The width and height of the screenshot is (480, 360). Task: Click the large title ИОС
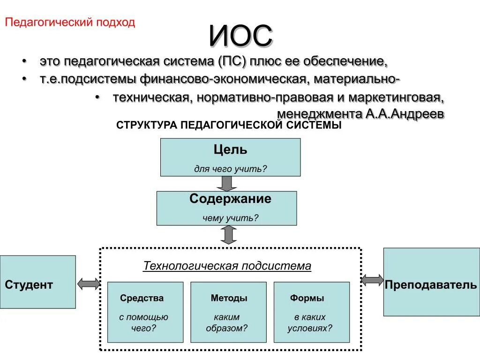coord(240,36)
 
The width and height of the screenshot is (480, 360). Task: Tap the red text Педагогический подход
coord(70,22)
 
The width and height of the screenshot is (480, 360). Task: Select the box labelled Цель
coord(230,157)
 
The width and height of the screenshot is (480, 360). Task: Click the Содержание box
coord(226,208)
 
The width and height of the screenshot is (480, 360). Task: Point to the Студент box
coord(37,282)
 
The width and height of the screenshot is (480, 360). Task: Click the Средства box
coord(145,312)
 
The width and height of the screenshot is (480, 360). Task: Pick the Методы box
coord(228,312)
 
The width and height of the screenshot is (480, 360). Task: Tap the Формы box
coord(311,312)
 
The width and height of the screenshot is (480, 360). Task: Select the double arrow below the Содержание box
coord(228,234)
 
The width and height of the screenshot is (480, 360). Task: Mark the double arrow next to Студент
coord(89,283)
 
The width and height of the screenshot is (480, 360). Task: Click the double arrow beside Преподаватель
coord(373,280)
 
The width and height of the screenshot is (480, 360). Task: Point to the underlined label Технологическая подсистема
coord(227,266)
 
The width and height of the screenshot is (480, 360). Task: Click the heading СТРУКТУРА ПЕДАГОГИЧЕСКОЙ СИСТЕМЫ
coord(229,126)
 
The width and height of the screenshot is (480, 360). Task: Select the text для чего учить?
coord(230,169)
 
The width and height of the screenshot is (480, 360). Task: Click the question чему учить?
coord(230,218)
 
